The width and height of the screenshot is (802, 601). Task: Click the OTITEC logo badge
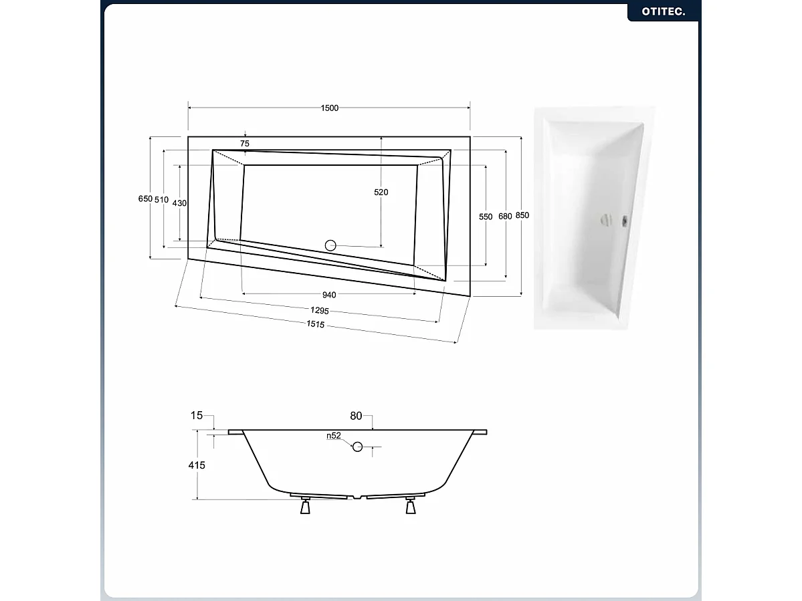[x=663, y=11]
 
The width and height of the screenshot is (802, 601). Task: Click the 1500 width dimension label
[x=330, y=108]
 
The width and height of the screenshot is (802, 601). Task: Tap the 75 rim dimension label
[x=244, y=144]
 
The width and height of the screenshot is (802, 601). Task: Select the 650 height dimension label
[x=144, y=199]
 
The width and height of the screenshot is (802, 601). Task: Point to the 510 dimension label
[x=161, y=199]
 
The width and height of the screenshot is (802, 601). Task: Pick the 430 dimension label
[x=179, y=203]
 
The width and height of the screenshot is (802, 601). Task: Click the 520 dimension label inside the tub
[x=381, y=193]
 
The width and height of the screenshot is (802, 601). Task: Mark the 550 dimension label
[x=486, y=217]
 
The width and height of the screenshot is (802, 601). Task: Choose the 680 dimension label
[x=505, y=216]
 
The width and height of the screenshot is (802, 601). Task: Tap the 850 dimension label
[x=522, y=215]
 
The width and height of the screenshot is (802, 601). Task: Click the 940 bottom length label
[x=329, y=294]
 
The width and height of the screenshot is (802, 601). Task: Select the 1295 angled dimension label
[x=318, y=310]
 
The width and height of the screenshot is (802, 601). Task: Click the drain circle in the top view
[x=330, y=245]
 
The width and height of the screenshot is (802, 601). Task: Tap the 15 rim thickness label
[x=197, y=416]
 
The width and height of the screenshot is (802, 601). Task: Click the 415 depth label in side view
[x=197, y=465]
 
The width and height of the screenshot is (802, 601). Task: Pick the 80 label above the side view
[x=355, y=416]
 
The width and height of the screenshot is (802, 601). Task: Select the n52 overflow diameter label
[x=334, y=436]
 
